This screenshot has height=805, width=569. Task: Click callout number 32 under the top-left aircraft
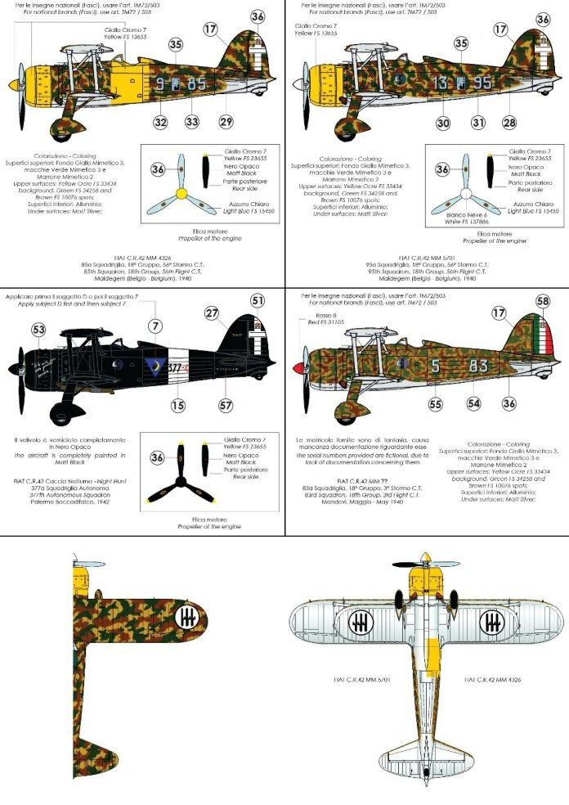click(x=160, y=122)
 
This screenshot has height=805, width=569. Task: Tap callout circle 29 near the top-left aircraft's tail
click(x=225, y=122)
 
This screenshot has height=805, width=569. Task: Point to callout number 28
click(x=509, y=122)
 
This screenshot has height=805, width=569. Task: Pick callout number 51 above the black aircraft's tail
click(x=258, y=301)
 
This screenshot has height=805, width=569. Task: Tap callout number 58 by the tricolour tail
click(x=542, y=301)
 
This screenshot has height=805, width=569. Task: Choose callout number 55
click(x=435, y=403)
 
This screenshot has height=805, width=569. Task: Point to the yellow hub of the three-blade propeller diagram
click(x=184, y=195)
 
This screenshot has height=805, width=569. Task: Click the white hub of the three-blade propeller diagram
click(x=467, y=195)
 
